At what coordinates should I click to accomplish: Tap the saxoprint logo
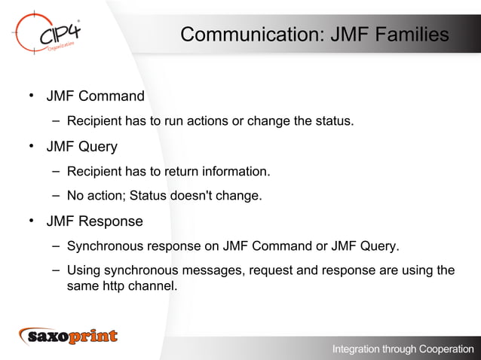point(69,336)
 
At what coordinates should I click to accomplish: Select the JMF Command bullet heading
point(95,96)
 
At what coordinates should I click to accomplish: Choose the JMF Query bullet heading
point(81,146)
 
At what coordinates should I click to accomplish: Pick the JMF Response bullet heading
point(94,221)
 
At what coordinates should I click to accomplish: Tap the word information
point(233,172)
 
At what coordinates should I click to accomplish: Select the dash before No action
point(57,196)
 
